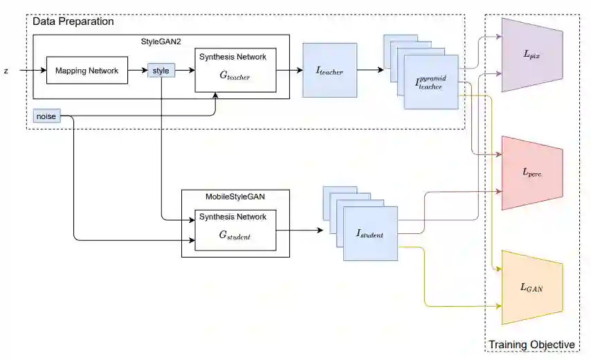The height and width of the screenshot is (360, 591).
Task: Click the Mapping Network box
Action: [87, 70]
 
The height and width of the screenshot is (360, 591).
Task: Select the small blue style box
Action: [161, 71]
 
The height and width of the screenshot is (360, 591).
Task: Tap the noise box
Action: [47, 116]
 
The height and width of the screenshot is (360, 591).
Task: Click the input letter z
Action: [6, 71]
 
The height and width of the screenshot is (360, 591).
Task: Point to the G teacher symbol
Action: [235, 75]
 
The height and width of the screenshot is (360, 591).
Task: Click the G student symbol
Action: [235, 235]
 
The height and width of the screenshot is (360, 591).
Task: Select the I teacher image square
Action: [330, 70]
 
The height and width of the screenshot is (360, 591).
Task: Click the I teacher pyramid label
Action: [431, 82]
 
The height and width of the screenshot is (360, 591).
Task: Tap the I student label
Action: [370, 234]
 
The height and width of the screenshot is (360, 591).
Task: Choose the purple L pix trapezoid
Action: [532, 55]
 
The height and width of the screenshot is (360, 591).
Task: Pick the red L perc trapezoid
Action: [532, 173]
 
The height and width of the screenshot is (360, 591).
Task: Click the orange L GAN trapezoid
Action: [532, 287]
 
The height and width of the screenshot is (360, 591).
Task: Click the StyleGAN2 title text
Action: [161, 42]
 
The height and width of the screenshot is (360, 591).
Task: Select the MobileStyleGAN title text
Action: [235, 197]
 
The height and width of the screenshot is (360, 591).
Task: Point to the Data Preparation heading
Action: [73, 21]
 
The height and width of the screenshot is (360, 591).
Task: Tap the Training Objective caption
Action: [531, 345]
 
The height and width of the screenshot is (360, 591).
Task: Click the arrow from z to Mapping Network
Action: [33, 70]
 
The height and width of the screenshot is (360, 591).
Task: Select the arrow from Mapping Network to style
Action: [138, 70]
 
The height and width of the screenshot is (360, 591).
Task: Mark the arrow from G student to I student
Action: [300, 230]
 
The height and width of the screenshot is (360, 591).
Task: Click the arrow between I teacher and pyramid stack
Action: [370, 70]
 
